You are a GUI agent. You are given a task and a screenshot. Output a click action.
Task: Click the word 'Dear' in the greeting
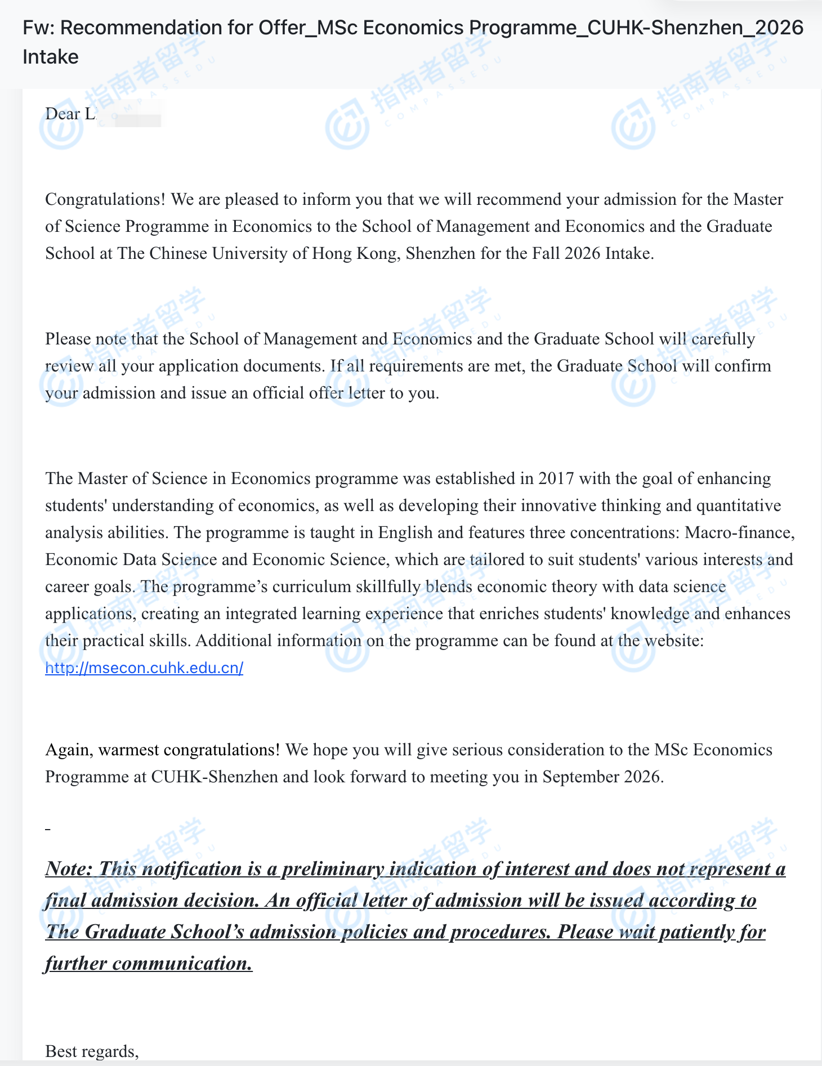62,114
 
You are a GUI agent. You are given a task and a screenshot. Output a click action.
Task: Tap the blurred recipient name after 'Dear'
129,114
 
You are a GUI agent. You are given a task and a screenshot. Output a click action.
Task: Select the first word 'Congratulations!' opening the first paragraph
105,200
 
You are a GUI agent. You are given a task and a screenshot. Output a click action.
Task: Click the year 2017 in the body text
556,479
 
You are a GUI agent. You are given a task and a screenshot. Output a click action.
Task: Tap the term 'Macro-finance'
739,533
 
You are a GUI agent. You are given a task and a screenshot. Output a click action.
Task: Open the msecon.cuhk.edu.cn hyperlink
144,668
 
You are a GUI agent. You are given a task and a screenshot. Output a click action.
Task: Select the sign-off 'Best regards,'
92,1051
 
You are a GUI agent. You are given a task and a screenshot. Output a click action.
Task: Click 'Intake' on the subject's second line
51,57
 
